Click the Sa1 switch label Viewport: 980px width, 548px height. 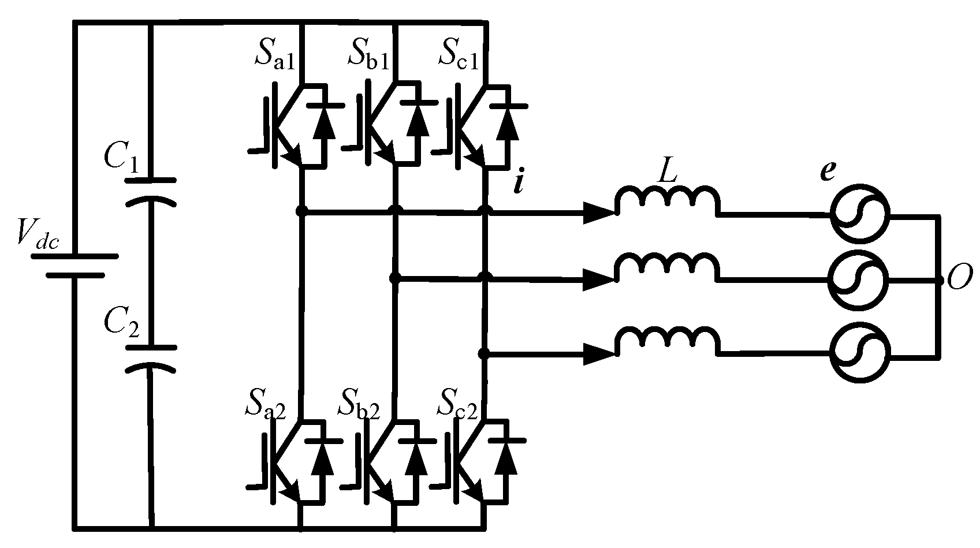[x=275, y=55]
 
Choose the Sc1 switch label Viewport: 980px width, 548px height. [x=459, y=55]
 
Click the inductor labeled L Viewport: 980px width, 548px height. [x=667, y=199]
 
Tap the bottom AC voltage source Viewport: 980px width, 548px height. [x=859, y=352]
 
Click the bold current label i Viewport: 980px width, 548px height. [x=518, y=184]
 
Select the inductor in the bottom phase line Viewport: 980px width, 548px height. [x=667, y=341]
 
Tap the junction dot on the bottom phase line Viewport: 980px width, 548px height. [x=484, y=353]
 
